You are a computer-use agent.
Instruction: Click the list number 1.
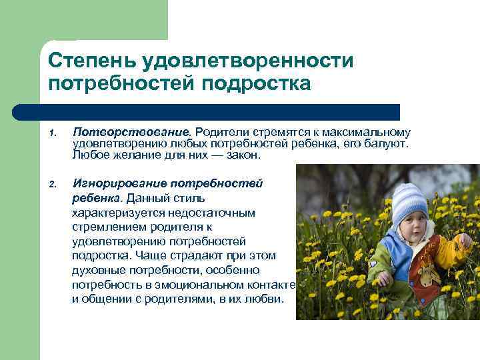pos(52,133)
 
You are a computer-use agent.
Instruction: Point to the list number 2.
pos(52,184)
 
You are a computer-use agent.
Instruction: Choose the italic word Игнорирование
pos(120,183)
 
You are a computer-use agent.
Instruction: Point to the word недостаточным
pos(220,212)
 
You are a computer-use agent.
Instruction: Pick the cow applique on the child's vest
pos(426,273)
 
